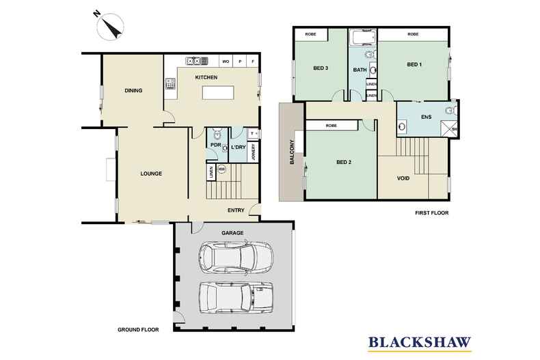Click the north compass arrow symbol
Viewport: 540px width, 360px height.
coord(110,27)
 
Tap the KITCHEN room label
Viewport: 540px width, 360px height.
coord(206,78)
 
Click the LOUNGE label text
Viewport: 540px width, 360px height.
coord(150,174)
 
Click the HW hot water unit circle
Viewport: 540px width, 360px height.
coord(221,169)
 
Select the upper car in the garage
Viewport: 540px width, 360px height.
coord(235,258)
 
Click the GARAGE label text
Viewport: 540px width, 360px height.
coord(232,234)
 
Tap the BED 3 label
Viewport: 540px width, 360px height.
coord(321,68)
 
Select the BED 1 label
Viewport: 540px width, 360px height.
coord(414,65)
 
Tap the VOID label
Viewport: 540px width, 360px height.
coord(403,179)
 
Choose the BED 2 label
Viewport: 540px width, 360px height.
coord(343,163)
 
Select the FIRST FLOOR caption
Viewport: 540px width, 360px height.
coord(431,213)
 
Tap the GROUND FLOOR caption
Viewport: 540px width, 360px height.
coord(138,329)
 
